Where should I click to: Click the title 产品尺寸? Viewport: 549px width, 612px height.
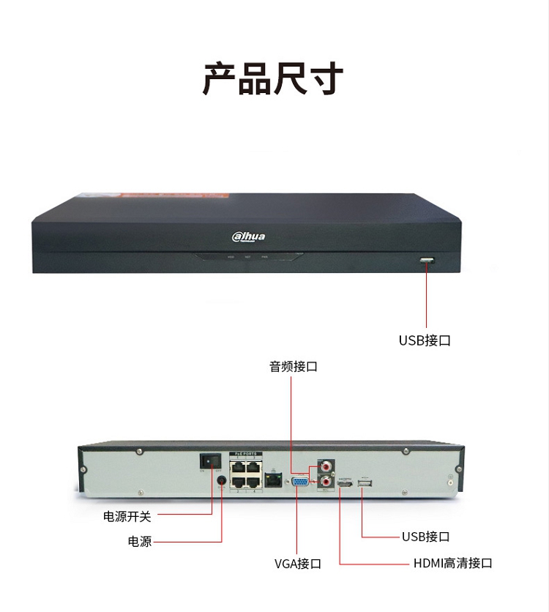(273, 79)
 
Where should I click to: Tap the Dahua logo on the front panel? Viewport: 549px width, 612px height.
(249, 236)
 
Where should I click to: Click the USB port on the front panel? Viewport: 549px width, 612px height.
(427, 261)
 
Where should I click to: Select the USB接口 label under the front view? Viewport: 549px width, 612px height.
(425, 340)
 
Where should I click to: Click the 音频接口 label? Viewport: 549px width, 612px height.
(294, 367)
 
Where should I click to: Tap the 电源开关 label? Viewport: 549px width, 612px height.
(127, 516)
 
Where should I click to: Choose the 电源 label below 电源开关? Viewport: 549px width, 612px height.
(140, 542)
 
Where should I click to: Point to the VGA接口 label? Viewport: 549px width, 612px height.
(298, 564)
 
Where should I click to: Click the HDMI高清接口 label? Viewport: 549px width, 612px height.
(452, 563)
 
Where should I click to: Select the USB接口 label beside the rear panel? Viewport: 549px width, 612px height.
(425, 537)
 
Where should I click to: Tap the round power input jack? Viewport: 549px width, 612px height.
(222, 480)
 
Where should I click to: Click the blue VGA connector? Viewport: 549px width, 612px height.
(299, 481)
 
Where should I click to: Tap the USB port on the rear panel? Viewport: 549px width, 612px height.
(364, 482)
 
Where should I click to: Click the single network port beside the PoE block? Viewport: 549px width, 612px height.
(273, 480)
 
